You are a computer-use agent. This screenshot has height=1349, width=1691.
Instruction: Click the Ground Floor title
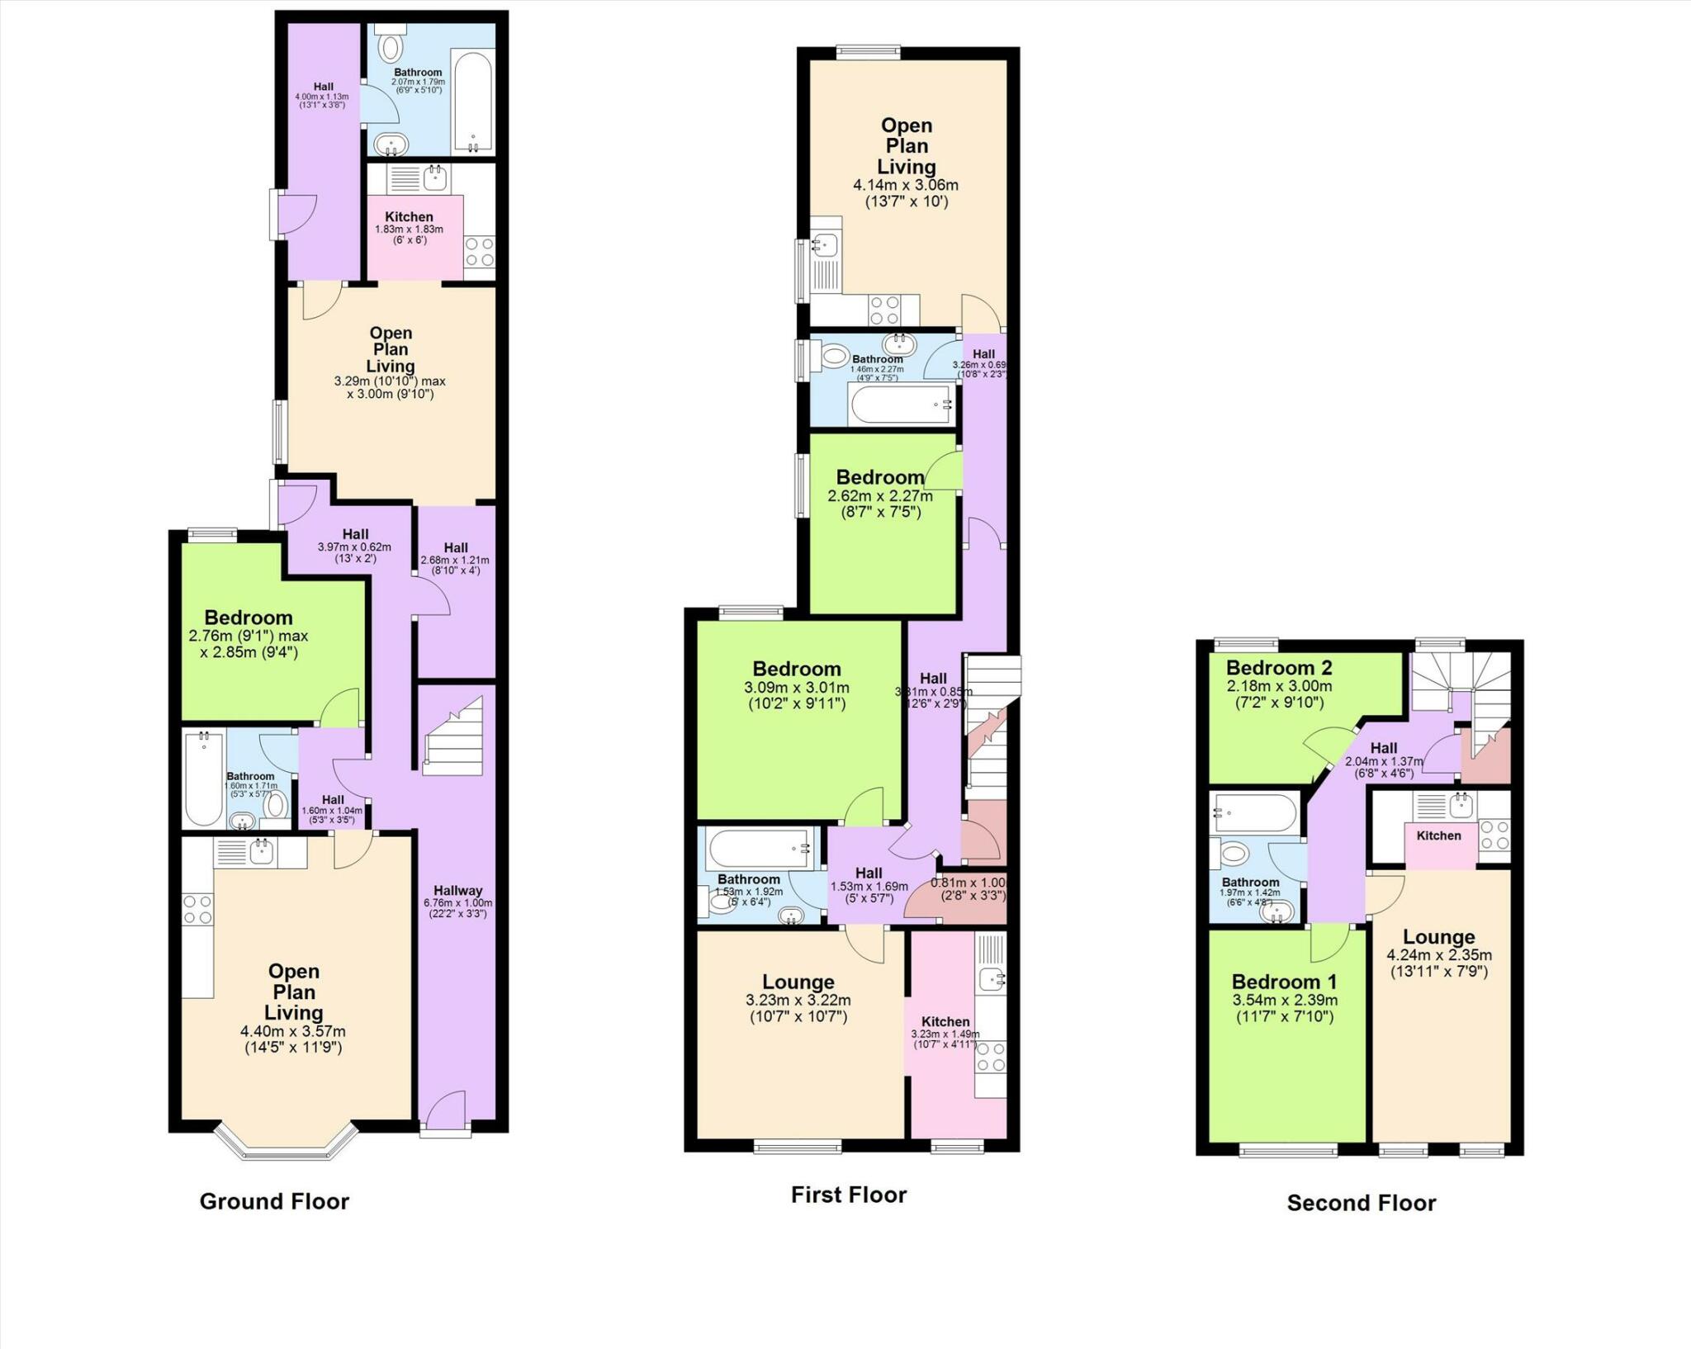[274, 1201]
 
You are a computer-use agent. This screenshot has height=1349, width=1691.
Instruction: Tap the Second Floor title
[1361, 1203]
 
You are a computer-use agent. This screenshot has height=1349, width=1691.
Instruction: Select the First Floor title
[848, 1195]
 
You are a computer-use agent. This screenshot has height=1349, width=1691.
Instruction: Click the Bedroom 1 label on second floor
[1284, 982]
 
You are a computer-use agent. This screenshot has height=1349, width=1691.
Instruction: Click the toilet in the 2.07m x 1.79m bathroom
[391, 48]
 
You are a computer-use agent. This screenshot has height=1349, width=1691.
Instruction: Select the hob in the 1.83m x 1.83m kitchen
[479, 251]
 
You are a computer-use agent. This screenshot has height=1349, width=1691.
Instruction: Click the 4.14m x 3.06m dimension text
[906, 186]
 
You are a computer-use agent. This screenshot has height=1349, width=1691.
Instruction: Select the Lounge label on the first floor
[798, 982]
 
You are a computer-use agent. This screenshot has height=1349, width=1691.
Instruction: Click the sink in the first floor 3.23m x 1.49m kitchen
[992, 979]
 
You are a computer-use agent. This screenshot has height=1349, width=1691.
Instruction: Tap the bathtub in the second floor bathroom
[1255, 812]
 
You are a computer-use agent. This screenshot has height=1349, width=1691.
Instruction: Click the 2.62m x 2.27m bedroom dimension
[879, 496]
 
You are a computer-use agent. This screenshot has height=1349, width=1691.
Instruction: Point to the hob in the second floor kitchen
[1494, 834]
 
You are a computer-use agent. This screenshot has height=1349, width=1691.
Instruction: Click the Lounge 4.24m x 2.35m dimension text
[1438, 955]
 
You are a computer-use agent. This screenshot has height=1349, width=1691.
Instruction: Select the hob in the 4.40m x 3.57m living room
[197, 910]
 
